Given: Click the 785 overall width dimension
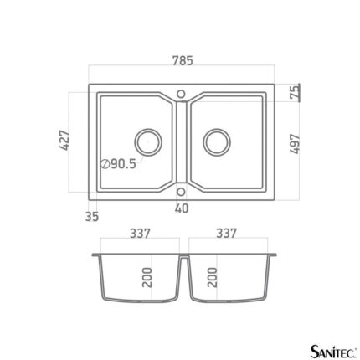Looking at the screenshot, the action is click(183, 60).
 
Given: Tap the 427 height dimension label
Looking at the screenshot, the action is click(64, 140).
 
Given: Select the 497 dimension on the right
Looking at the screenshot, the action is click(295, 144).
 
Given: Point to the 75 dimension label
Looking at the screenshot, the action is click(294, 92).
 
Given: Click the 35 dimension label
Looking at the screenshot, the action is click(92, 217).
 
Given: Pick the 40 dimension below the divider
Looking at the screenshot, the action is click(182, 208).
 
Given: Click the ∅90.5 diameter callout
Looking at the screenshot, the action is click(119, 164).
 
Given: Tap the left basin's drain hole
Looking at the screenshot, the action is click(148, 142).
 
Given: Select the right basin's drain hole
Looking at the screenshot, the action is click(217, 142).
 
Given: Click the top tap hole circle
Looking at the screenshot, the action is click(181, 94).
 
